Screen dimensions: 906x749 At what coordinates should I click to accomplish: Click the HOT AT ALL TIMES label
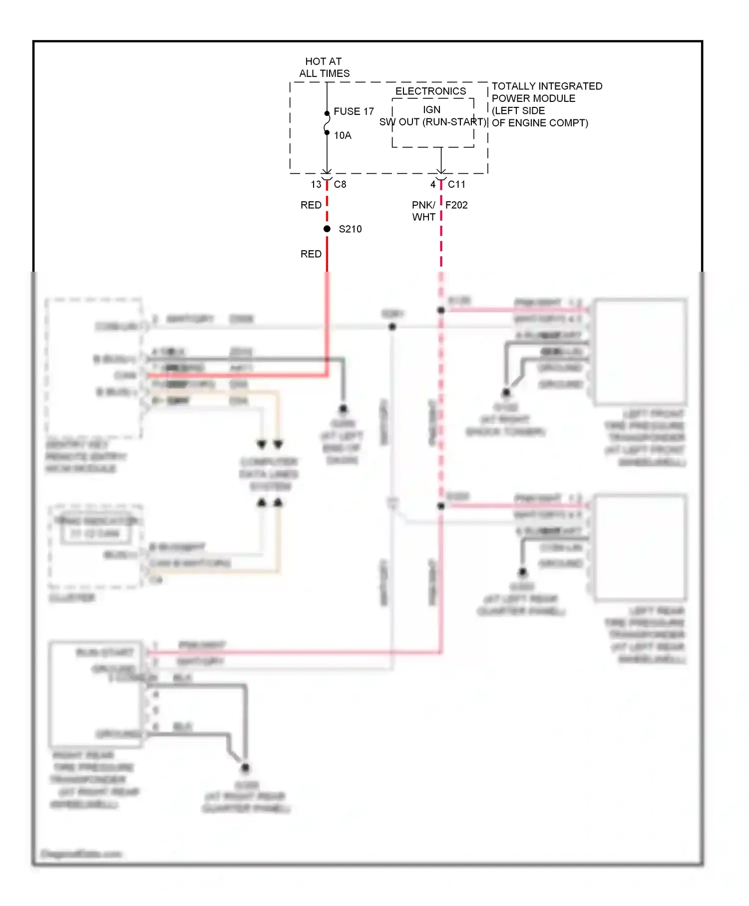tap(324, 67)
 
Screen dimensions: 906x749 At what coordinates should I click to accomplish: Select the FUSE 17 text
tap(354, 111)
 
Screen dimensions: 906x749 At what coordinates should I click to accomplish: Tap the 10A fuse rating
tap(343, 135)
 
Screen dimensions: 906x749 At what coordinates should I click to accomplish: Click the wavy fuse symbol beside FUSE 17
tap(327, 123)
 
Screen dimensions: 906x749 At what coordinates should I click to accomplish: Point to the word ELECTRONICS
tap(430, 91)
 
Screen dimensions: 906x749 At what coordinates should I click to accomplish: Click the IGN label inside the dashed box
tap(432, 109)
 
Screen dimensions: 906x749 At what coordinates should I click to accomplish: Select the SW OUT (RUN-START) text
tap(432, 122)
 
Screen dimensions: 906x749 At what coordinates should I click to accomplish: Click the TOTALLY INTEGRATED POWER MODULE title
tap(547, 92)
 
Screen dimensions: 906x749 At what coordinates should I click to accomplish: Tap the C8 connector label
tap(340, 184)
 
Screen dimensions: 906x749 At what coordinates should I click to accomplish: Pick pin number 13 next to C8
tap(316, 184)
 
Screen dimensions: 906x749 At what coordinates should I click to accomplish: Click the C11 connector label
tap(456, 184)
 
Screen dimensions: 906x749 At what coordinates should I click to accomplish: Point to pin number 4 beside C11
tap(433, 184)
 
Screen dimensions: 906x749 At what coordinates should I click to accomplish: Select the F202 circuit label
tap(456, 205)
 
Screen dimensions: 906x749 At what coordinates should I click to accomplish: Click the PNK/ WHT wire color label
tap(423, 211)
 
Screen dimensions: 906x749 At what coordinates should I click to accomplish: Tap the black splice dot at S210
tap(327, 229)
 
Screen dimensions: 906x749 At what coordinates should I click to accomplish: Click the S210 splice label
tap(350, 229)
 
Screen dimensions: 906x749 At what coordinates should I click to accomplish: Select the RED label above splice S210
tap(311, 205)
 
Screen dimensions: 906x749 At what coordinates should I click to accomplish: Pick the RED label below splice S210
tap(311, 254)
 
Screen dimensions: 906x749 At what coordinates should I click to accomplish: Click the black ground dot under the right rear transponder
tap(245, 768)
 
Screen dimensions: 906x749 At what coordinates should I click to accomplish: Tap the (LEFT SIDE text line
tap(518, 110)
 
